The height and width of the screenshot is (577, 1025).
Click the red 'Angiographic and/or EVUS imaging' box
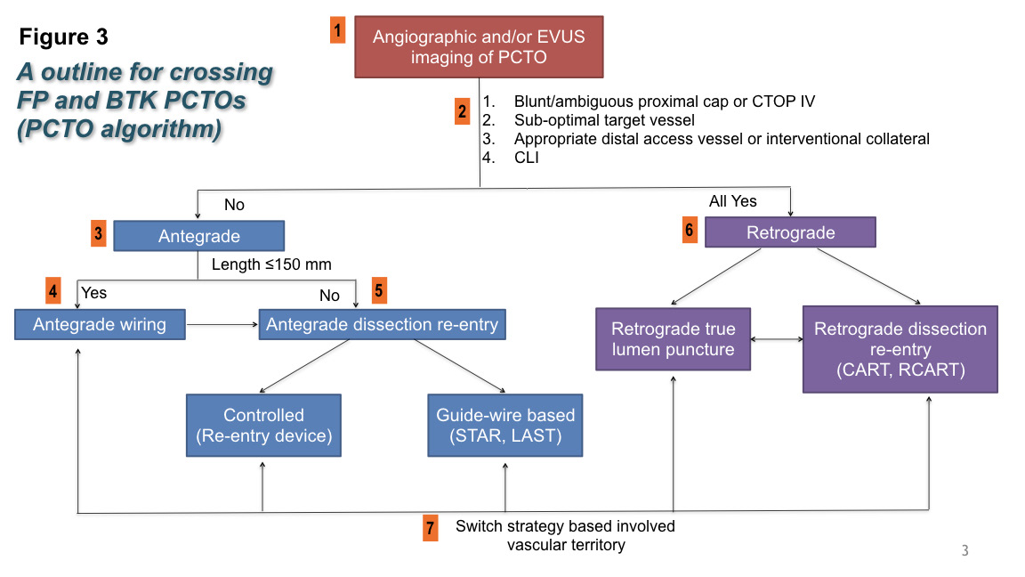479,46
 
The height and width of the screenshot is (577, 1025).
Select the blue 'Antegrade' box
198,236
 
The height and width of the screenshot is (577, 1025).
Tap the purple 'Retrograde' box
790,233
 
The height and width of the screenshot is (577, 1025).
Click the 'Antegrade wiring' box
100,324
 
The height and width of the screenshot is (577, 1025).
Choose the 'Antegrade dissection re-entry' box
382,324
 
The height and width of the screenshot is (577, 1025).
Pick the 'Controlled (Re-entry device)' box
263,426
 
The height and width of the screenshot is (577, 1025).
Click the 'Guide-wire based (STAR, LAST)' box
505,426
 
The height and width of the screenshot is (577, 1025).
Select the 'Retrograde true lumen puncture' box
673,338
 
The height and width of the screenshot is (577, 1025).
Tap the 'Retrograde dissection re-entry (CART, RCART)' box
900,349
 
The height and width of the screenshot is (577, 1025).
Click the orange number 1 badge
337,30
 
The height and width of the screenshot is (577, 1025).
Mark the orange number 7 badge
431,528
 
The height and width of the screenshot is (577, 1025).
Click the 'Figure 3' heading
64,37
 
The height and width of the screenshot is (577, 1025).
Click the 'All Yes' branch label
732,201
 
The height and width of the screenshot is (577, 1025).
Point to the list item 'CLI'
526,158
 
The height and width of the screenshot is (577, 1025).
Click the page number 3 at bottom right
964,550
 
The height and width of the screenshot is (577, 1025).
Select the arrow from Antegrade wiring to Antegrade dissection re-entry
222,325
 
